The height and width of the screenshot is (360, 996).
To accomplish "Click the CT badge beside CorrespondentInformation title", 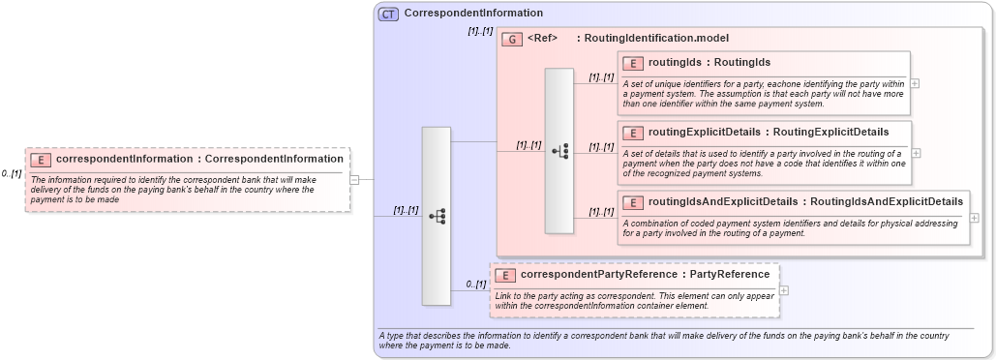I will tap(389, 14).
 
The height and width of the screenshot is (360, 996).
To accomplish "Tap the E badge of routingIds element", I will tap(633, 63).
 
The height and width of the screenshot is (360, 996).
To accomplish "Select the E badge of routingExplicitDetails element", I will tap(633, 133).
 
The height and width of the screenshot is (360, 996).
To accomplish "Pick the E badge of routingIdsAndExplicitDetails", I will tap(633, 202).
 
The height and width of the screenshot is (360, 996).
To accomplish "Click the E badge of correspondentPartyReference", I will tap(505, 275).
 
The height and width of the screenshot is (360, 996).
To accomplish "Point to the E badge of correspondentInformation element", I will tap(41, 160).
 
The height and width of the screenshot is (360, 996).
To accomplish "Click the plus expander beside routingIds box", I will tap(916, 83).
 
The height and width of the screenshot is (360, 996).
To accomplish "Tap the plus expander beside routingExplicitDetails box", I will tap(916, 153).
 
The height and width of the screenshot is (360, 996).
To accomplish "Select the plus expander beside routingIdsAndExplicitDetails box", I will tap(974, 218).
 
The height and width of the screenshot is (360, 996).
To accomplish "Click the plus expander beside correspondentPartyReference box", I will tap(784, 290).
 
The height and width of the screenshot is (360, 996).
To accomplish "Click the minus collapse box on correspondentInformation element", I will tap(354, 179).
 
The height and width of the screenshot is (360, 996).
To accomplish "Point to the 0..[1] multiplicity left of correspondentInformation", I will tap(12, 173).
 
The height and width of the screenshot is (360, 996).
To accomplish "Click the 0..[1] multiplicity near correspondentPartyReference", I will tap(475, 284).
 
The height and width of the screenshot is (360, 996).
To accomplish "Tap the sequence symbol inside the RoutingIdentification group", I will tap(559, 151).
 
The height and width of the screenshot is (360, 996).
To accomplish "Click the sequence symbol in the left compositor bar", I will tap(437, 217).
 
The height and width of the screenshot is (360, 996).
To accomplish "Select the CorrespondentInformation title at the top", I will tap(473, 13).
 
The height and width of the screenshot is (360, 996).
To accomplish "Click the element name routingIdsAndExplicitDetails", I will tap(724, 201).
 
